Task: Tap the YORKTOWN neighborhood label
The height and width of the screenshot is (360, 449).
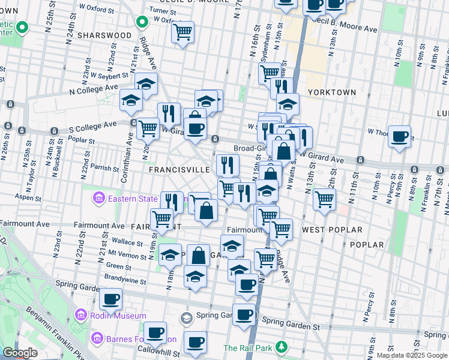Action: pyautogui.click(x=331, y=92)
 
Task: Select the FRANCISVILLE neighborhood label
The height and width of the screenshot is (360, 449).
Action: pyautogui.click(x=179, y=170)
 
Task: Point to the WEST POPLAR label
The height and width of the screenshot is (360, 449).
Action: pyautogui.click(x=332, y=230)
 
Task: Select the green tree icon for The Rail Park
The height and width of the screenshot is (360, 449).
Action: pyautogui.click(x=280, y=347)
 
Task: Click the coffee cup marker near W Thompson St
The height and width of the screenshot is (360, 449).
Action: pyautogui.click(x=399, y=136)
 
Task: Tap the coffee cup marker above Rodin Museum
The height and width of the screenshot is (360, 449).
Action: pyautogui.click(x=110, y=298)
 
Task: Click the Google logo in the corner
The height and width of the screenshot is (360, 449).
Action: pyautogui.click(x=20, y=353)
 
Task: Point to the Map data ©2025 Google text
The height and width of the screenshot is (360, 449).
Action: pyautogui.click(x=412, y=355)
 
